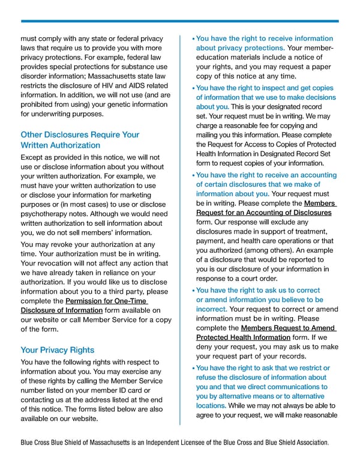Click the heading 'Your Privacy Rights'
point(57,349)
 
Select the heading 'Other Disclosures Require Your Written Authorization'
point(80,140)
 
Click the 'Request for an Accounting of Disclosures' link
point(262,213)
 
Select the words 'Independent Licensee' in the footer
point(182,443)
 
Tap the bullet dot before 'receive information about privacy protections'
point(193,39)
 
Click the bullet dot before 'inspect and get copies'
point(193,89)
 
